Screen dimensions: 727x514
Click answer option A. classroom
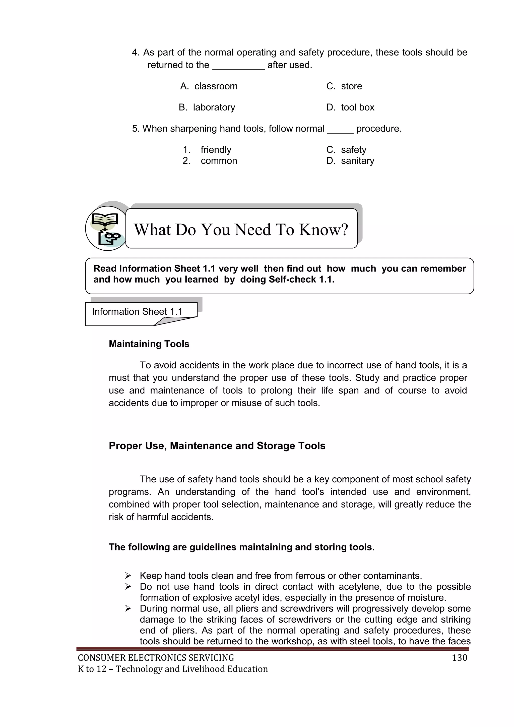point(209,86)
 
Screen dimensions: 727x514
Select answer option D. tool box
point(350,107)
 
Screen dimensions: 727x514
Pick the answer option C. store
point(344,86)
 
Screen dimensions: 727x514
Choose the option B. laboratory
point(207,107)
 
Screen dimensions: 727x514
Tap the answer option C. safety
point(347,149)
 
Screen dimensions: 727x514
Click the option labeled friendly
point(216,149)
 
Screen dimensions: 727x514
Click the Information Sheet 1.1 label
point(137,312)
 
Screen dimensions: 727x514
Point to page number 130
point(459,658)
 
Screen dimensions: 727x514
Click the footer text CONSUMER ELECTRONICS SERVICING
point(156,658)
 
